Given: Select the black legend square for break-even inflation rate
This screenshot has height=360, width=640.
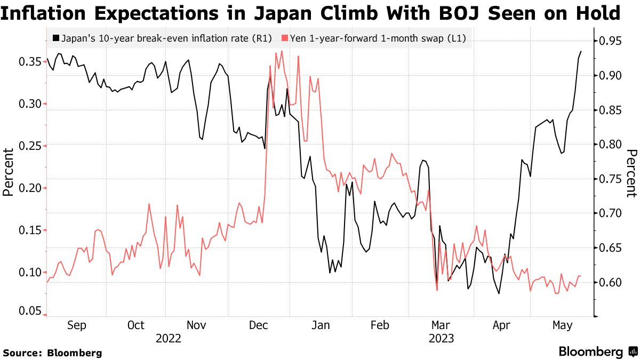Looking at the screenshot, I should [x=56, y=38].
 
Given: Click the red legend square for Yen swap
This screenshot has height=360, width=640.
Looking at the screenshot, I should [x=285, y=38].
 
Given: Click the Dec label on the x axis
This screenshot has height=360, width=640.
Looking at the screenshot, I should [x=259, y=325].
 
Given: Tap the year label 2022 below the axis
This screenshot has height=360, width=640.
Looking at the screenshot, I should [x=169, y=338].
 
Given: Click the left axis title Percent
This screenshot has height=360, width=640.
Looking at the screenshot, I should [x=9, y=172].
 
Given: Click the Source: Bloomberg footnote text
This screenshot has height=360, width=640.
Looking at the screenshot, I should [x=52, y=353].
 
